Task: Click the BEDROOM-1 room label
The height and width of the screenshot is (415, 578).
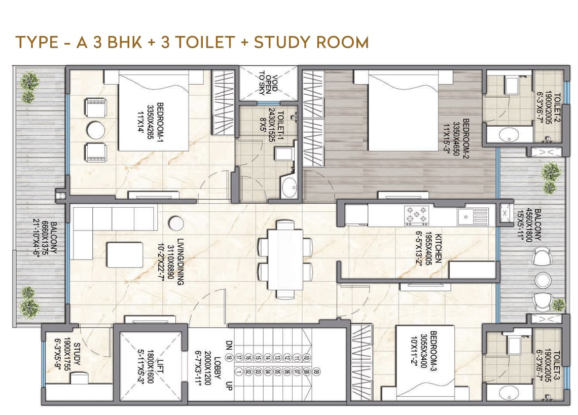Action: (x=160, y=121)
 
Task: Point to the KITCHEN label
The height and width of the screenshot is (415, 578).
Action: (x=438, y=248)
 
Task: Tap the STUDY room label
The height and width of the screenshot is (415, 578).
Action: (x=77, y=354)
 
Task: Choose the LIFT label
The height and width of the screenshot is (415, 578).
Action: (x=160, y=366)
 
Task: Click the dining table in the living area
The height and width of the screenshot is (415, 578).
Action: (x=285, y=259)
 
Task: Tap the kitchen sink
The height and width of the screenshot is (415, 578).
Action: (x=473, y=216)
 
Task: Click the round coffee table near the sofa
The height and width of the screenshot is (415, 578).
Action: (x=176, y=223)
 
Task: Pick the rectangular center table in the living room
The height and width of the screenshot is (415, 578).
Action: (x=125, y=254)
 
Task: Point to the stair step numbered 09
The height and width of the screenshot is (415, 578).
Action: (x=315, y=372)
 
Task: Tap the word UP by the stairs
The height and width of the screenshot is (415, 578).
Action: (x=229, y=386)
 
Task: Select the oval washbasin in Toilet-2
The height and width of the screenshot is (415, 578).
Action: (x=509, y=134)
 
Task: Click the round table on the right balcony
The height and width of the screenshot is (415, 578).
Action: (x=542, y=280)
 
